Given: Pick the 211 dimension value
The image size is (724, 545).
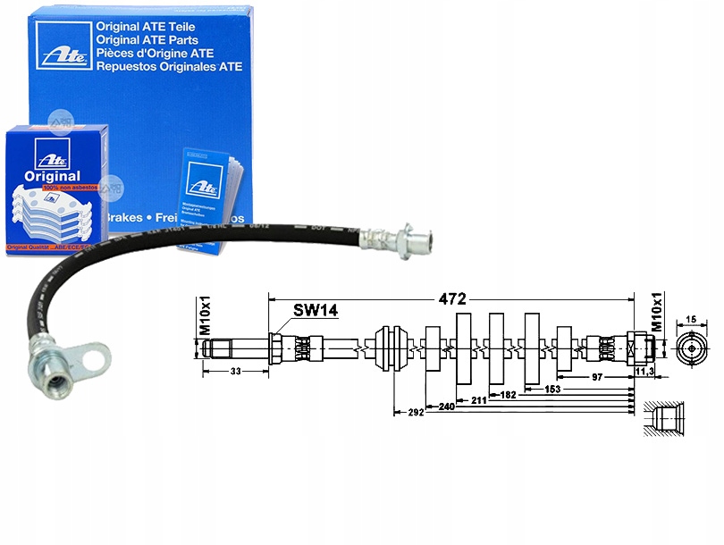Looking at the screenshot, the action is (479, 399).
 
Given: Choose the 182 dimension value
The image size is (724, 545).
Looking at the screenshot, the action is (508, 394).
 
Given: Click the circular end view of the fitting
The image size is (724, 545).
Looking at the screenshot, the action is (691, 348).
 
